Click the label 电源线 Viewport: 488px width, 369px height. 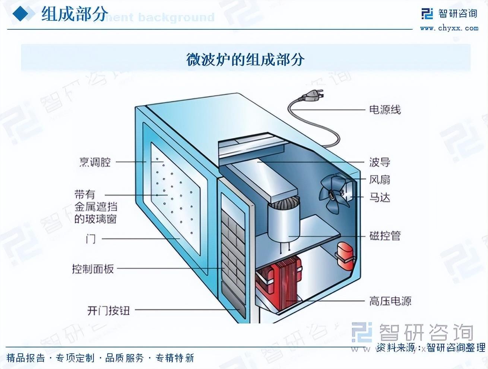(x=384, y=110)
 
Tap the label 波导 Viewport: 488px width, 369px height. (x=379, y=162)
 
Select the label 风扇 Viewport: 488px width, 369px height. (x=379, y=180)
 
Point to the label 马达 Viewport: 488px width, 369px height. (x=379, y=197)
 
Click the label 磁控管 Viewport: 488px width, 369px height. (x=384, y=236)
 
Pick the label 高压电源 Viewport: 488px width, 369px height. (x=390, y=301)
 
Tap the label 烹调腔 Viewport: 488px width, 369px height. (x=95, y=162)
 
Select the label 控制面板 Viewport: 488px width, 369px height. (x=93, y=269)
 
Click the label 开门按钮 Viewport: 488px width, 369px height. (x=108, y=310)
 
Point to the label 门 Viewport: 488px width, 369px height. (x=91, y=238)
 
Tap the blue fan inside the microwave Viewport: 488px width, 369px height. (x=333, y=193)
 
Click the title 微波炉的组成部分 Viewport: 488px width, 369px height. (x=245, y=60)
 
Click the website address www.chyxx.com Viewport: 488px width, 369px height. (x=449, y=28)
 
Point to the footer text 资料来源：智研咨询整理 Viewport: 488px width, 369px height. (x=430, y=347)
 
